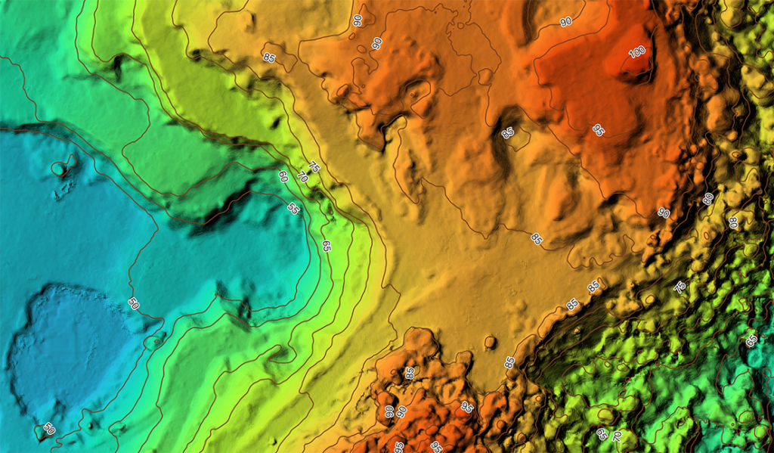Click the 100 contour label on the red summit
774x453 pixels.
point(636,52)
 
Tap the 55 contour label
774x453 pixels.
point(293,208)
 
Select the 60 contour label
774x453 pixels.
point(283,176)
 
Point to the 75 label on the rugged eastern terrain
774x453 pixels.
point(680,287)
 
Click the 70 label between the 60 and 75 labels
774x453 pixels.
point(302,178)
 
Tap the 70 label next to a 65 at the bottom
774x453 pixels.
point(617,436)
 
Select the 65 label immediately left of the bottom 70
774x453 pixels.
point(601,433)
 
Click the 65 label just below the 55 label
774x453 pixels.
point(326,246)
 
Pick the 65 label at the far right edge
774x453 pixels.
point(751,340)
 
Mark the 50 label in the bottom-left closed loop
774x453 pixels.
point(49,429)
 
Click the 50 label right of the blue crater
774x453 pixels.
point(133,304)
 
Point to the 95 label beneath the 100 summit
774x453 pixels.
point(598,129)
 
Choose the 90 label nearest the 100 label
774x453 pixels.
point(566,23)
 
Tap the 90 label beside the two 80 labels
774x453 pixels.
point(664,213)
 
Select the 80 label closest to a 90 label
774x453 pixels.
point(707,199)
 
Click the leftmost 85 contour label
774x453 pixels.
point(269,57)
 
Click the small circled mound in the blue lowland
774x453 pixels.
point(59,168)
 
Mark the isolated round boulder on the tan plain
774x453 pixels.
point(490,343)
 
